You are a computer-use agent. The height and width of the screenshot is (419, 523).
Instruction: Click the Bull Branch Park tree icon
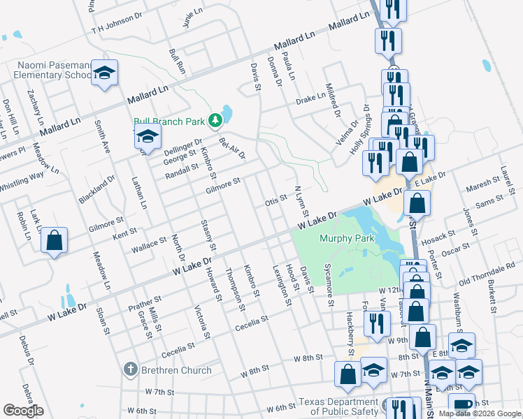click(216, 122)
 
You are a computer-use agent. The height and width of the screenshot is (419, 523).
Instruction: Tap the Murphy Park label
click(347, 238)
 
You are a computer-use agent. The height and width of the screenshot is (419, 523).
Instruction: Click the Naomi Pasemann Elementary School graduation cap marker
click(104, 73)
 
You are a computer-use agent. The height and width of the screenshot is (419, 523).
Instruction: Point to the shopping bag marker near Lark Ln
click(54, 241)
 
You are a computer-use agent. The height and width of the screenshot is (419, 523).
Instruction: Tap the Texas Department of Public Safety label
click(338, 406)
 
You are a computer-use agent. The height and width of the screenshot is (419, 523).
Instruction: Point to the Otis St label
click(275, 200)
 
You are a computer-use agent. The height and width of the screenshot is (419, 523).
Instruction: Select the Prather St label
click(145, 304)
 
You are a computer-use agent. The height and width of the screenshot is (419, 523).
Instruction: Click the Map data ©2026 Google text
click(478, 413)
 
